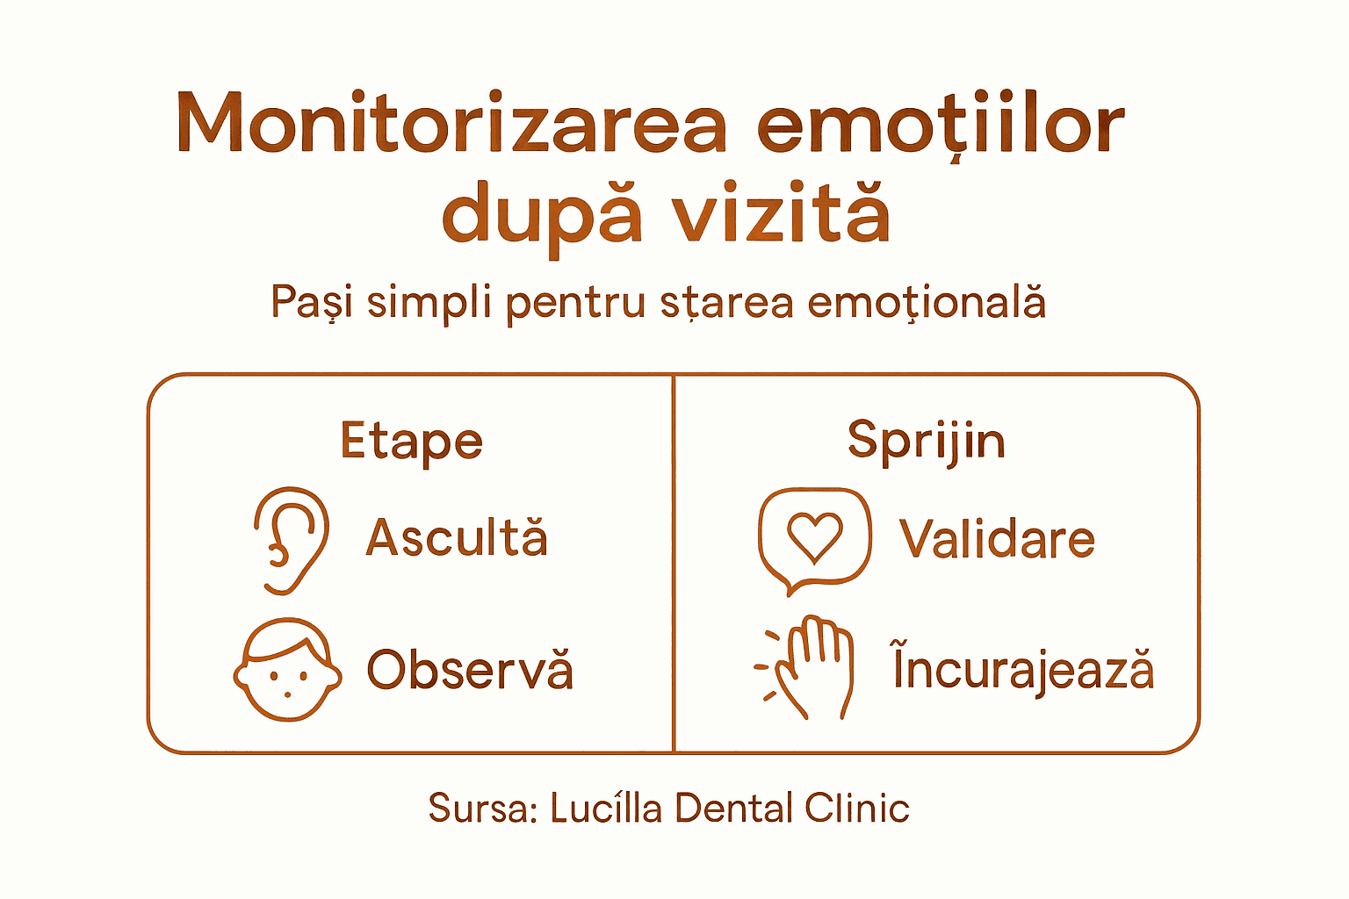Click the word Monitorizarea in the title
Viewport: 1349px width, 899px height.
[451, 123]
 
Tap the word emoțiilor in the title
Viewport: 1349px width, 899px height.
[940, 123]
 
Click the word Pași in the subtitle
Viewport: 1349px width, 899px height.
[312, 302]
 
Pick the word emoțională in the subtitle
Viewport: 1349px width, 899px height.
[927, 302]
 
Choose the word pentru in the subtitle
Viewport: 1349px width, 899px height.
[575, 304]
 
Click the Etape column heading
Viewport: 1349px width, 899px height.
[411, 442]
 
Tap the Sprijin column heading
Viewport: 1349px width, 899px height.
[926, 440]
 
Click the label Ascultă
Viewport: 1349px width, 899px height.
[457, 537]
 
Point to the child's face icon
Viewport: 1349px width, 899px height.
[287, 670]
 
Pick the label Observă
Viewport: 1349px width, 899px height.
[470, 670]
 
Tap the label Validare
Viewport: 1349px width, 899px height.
[997, 538]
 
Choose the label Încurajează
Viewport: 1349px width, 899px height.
[1023, 669]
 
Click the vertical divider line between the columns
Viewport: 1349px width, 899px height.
[674, 562]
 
